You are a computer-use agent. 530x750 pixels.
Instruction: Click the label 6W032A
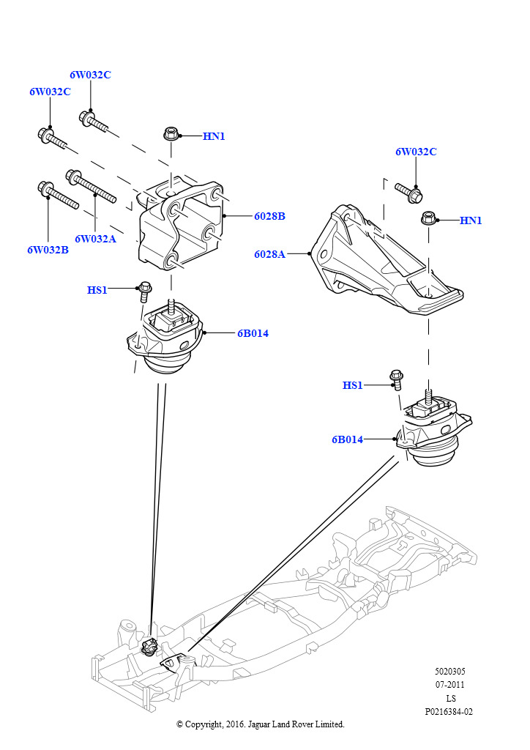click(x=95, y=238)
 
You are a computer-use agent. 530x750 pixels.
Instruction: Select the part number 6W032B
click(x=48, y=250)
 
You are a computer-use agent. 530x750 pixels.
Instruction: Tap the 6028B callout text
click(x=269, y=216)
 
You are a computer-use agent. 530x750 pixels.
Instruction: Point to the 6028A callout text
click(x=269, y=254)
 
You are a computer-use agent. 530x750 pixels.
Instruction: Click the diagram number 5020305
click(x=449, y=672)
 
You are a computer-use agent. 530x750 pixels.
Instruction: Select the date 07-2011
click(x=449, y=685)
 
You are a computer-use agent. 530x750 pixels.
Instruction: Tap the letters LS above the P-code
click(x=450, y=698)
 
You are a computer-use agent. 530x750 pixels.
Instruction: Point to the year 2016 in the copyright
click(x=236, y=724)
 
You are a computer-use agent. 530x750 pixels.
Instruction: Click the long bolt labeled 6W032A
click(x=92, y=186)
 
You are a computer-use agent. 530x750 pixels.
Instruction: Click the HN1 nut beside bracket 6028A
click(x=429, y=218)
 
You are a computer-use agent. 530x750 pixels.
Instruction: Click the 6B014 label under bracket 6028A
click(x=347, y=439)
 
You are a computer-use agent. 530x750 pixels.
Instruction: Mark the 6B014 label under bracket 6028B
click(x=253, y=333)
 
